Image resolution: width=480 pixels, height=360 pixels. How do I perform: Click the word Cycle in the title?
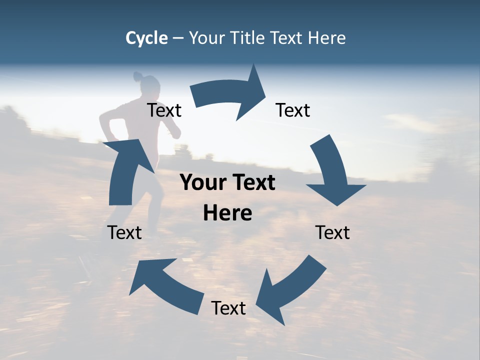[146, 38]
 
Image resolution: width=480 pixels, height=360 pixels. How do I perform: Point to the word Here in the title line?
[326, 38]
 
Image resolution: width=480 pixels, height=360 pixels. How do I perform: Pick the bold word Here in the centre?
[227, 213]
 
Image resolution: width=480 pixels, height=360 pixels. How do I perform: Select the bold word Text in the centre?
[252, 183]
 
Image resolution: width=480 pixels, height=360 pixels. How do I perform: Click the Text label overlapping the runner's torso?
[164, 110]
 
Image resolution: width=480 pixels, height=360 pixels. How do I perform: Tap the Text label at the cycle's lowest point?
[228, 308]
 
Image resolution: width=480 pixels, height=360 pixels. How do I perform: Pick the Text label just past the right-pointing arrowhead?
[293, 110]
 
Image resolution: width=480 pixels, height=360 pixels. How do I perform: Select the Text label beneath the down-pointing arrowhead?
[332, 232]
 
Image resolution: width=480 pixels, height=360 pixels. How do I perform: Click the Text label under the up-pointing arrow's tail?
[124, 232]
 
